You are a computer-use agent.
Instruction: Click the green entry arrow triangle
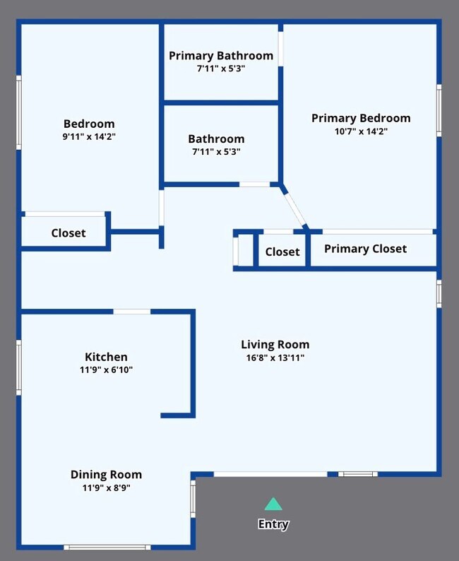point(273,504)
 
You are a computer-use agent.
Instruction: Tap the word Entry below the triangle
point(273,524)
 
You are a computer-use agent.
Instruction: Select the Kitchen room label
point(106,357)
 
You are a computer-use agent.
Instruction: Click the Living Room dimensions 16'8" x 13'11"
point(275,358)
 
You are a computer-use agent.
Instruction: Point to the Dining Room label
point(106,474)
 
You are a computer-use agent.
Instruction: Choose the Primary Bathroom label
point(221,56)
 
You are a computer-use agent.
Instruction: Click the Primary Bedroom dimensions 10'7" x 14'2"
point(361,131)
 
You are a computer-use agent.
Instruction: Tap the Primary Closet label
point(365,249)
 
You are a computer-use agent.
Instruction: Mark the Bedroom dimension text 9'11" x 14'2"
point(89,136)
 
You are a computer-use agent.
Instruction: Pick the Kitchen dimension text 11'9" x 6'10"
point(106,370)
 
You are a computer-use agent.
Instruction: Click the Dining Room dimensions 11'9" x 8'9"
point(106,488)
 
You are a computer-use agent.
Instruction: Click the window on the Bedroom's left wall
point(18,112)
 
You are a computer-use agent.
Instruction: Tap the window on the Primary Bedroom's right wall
point(439,110)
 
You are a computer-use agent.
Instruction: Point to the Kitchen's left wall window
point(18,367)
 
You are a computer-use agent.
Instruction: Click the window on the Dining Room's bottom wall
point(107,548)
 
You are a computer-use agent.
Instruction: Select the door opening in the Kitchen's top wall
point(132,312)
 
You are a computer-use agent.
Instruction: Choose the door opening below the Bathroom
point(254,184)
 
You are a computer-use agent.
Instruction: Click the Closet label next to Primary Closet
point(282,252)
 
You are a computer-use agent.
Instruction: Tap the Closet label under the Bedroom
point(68,233)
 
